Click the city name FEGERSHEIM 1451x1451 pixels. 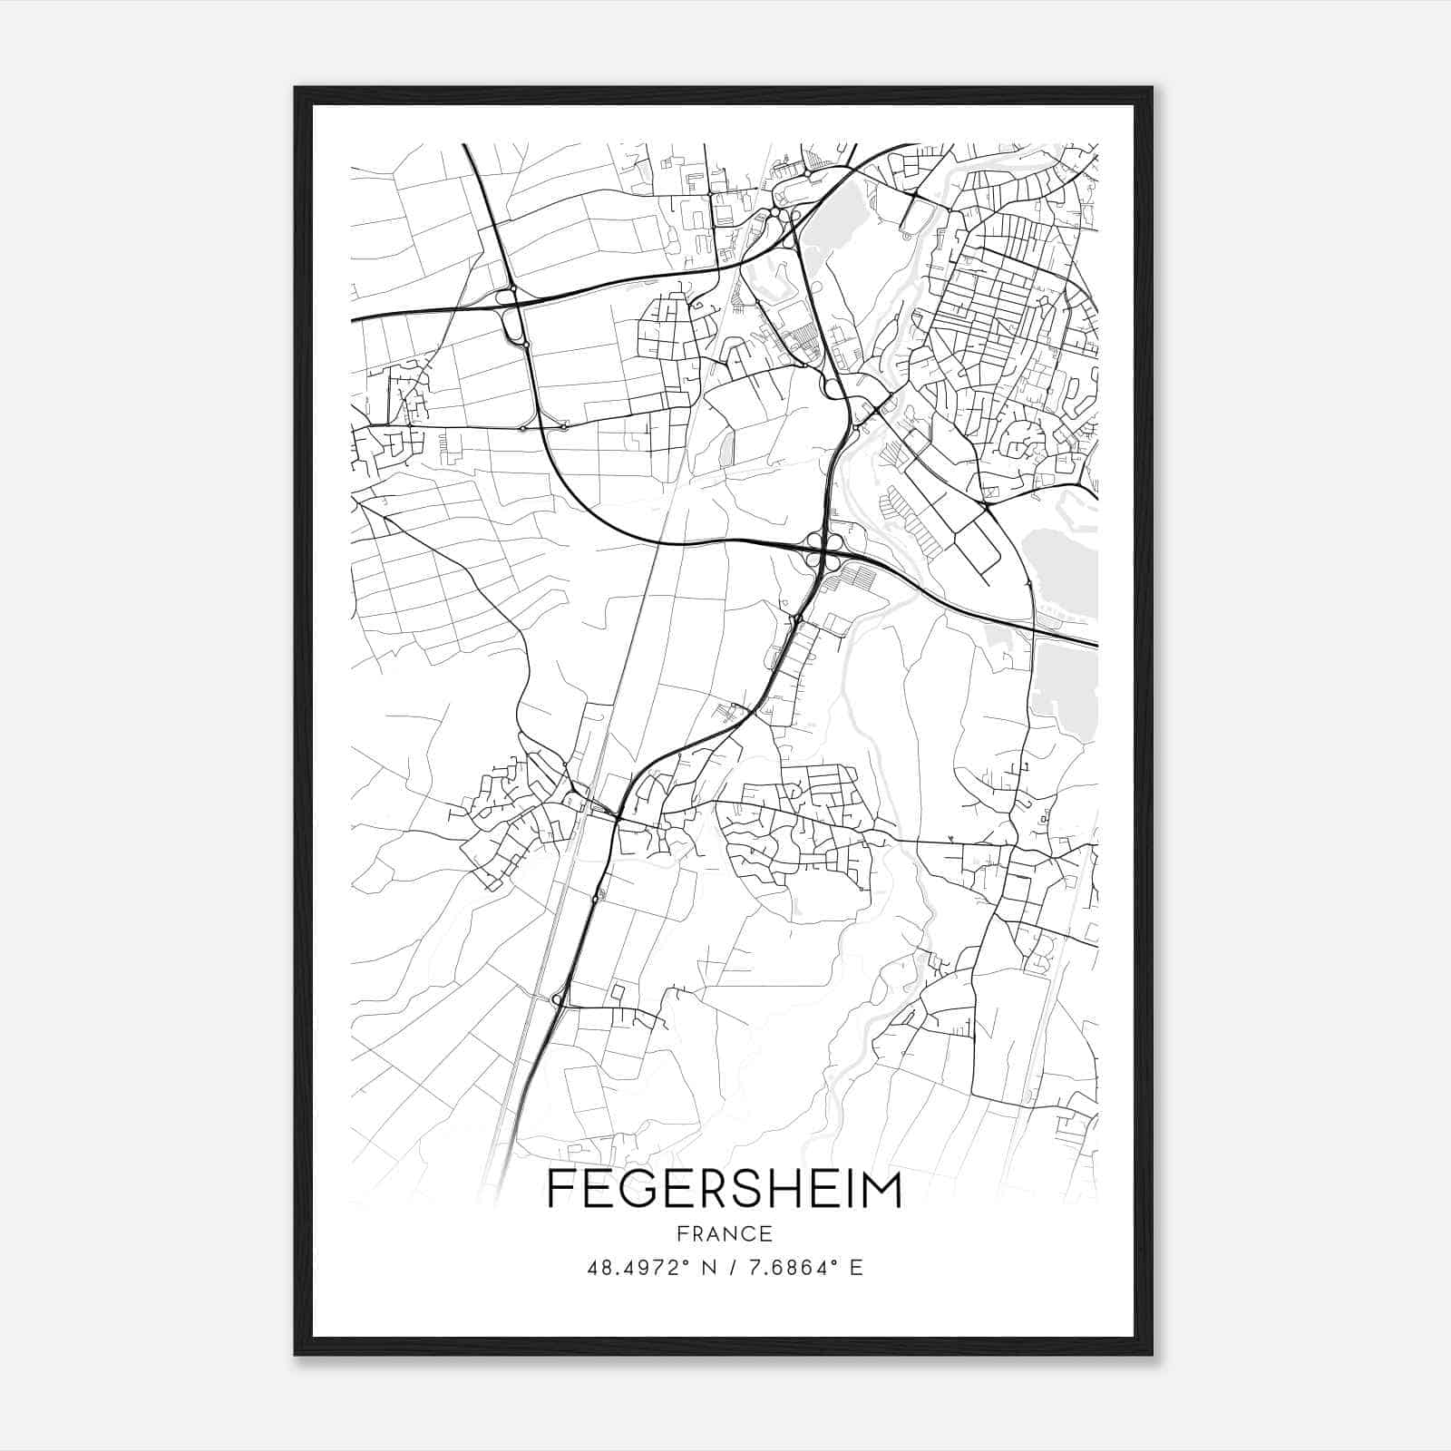pyautogui.click(x=724, y=1189)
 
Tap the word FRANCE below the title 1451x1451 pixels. pyautogui.click(x=724, y=1233)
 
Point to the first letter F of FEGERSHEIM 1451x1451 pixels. pyautogui.click(x=560, y=1189)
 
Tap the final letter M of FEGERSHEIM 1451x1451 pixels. pyautogui.click(x=881, y=1189)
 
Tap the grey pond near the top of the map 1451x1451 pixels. pyautogui.click(x=825, y=222)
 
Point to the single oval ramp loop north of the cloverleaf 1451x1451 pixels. pyautogui.click(x=832, y=388)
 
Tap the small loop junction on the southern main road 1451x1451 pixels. pyautogui.click(x=559, y=1000)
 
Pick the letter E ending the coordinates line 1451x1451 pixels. pyautogui.click(x=856, y=1268)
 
